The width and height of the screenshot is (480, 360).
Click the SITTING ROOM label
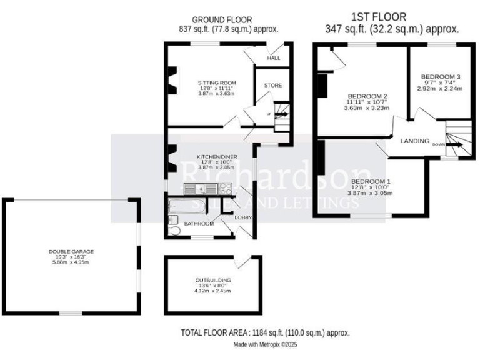[x=217, y=82]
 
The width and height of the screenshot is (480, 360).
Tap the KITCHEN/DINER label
[x=216, y=156]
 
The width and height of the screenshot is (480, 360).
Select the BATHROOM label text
[x=199, y=224]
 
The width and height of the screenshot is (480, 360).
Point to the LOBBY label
[x=243, y=217]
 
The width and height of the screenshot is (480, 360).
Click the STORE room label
[x=273, y=85]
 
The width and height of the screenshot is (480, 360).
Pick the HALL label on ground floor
[x=274, y=58]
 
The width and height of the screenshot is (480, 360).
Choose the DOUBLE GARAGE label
[x=71, y=251]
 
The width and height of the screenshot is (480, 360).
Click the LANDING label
[x=415, y=141]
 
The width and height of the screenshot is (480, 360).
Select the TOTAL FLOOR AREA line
[x=265, y=333]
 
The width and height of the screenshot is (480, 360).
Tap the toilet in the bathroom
[x=176, y=231]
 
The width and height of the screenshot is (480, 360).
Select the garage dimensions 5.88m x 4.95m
[x=71, y=262]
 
